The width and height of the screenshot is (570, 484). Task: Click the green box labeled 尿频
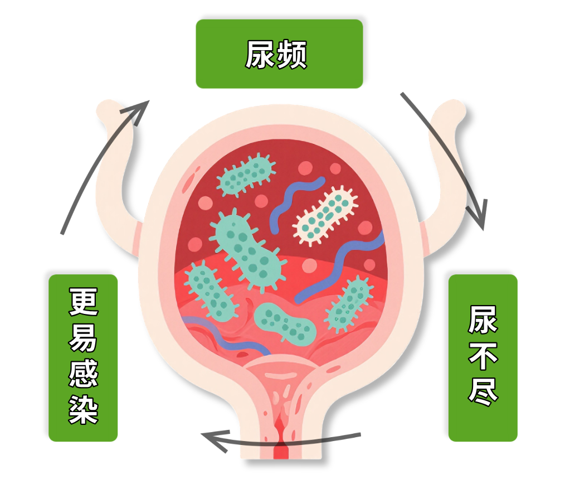(x=279, y=54)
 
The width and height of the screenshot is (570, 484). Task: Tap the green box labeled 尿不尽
(x=483, y=357)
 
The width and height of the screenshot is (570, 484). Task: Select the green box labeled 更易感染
(x=83, y=357)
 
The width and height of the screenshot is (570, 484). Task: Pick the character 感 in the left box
(x=83, y=375)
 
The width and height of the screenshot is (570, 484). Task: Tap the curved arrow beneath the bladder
(x=279, y=441)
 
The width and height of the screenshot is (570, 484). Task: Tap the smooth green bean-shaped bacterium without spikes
(x=285, y=322)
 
